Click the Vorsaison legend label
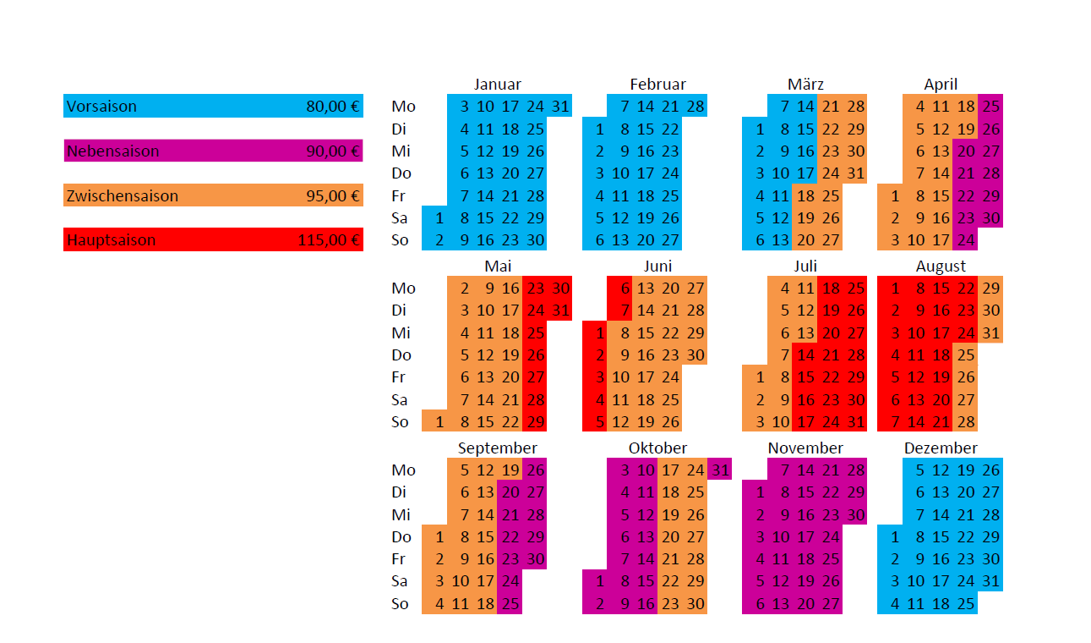coord(101,107)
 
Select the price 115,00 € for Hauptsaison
coord(329,240)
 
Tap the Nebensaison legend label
coord(112,151)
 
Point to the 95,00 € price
coord(333,196)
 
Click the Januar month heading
coord(497,85)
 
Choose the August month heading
coord(941,267)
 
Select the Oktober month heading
coord(657,448)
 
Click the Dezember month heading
coord(941,448)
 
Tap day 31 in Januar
coord(559,107)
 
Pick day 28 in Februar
coord(695,107)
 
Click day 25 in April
coord(991,107)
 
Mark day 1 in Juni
coord(599,332)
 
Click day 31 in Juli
coord(855,421)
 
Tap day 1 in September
coord(439,537)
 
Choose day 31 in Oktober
coord(720,470)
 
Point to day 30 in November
coord(855,514)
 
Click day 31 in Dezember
coord(991,581)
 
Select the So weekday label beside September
coord(401,604)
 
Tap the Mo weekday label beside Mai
coord(403,289)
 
